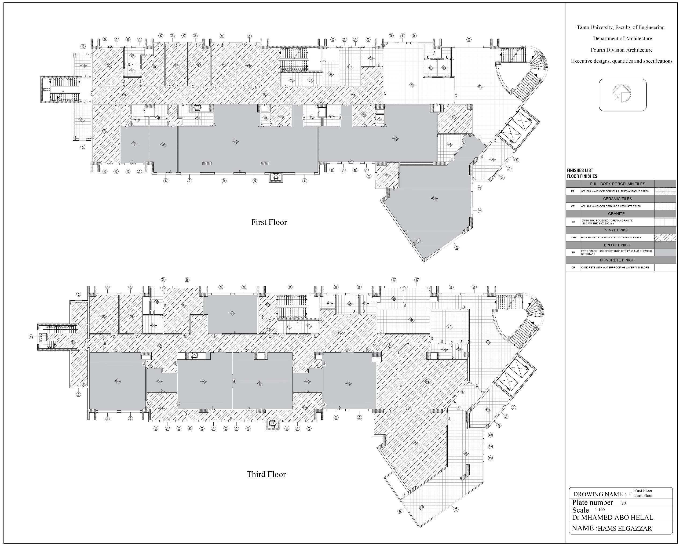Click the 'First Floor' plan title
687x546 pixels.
[x=269, y=223]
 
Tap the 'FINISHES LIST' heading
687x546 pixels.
[x=580, y=170]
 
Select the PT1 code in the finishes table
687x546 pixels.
[x=573, y=191]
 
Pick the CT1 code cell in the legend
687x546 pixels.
[x=573, y=206]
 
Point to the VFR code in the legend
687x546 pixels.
[x=573, y=238]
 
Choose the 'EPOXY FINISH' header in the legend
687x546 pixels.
[x=617, y=245]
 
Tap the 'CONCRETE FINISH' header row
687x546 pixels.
[x=617, y=260]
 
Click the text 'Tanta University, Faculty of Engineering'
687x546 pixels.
[x=620, y=27]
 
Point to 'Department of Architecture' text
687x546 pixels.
[x=622, y=39]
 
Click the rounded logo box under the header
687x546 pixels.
[x=622, y=95]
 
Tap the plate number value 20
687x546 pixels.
[x=624, y=503]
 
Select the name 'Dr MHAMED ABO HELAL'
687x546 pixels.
[x=612, y=518]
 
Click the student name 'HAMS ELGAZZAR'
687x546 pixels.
[x=624, y=529]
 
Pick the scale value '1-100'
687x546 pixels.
[x=600, y=510]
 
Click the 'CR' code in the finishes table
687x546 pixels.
[x=573, y=267]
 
